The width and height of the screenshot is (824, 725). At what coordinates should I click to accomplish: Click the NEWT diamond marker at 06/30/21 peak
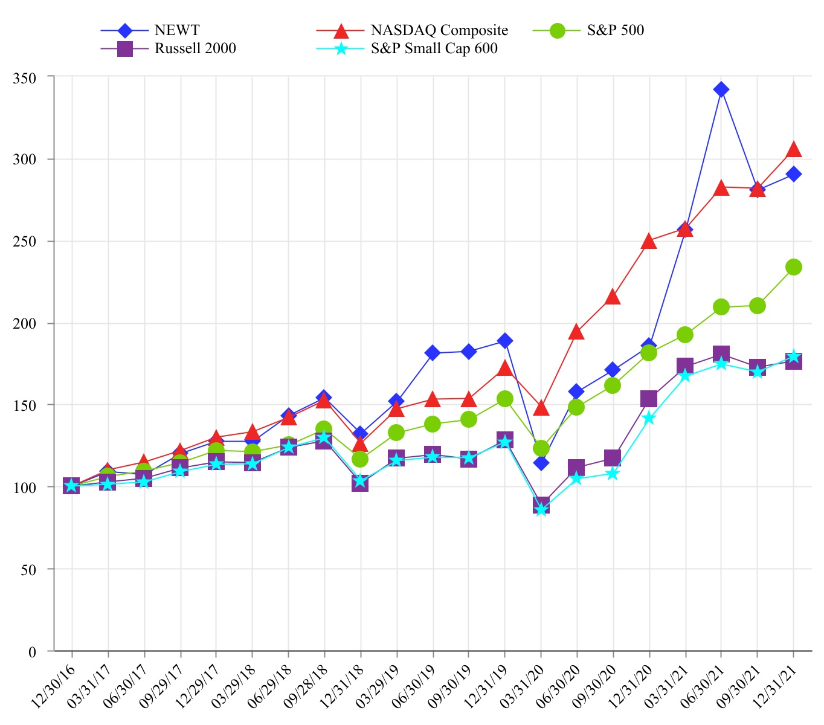point(721,89)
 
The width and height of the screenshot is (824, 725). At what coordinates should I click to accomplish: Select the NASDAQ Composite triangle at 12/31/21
point(794,149)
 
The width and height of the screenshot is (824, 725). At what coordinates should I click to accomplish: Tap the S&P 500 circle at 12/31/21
point(794,267)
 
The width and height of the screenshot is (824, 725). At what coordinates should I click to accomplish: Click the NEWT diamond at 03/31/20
point(541,463)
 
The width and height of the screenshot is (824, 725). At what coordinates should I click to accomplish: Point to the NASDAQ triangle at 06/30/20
point(576,332)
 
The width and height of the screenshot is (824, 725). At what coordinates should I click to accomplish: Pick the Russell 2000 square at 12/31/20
point(649,399)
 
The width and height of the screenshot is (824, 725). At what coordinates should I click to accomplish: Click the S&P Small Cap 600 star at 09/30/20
point(613,474)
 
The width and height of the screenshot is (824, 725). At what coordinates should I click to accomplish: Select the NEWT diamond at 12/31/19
point(505,341)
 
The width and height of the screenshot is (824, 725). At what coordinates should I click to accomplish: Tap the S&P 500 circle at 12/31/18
point(360,459)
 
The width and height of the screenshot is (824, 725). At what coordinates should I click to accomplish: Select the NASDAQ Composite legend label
point(439,30)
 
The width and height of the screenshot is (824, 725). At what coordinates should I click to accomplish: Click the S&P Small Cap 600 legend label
point(434,48)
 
